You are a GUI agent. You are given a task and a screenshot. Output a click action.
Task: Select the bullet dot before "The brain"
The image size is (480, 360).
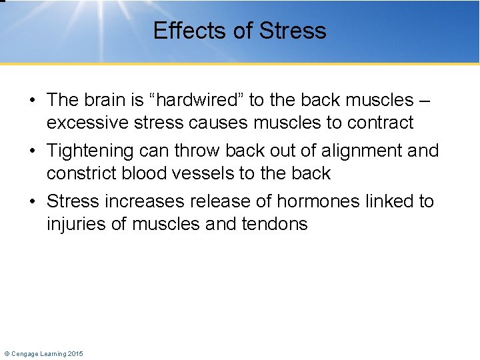click(32, 101)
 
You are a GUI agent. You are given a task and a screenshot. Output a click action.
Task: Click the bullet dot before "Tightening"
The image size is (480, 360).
click(32, 151)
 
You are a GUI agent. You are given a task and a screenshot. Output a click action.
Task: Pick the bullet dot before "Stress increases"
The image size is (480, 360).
click(32, 202)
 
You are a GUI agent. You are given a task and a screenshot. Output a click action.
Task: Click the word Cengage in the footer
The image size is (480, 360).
click(27, 353)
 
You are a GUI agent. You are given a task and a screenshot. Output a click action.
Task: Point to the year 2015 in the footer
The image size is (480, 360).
click(75, 353)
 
